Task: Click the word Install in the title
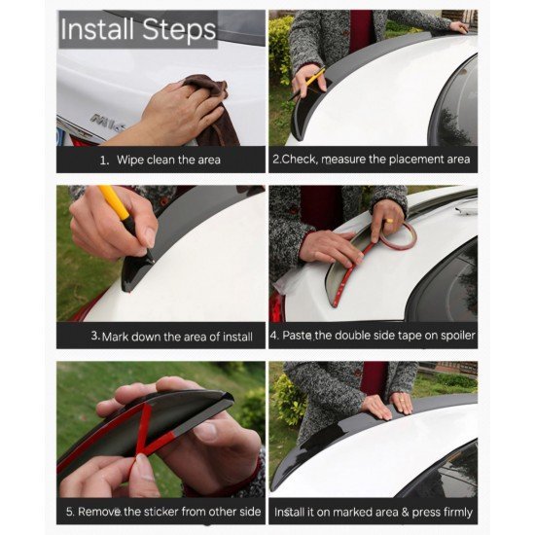point(97,29)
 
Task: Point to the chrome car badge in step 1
point(108,123)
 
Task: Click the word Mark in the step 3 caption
point(116,337)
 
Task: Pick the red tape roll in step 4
point(399,236)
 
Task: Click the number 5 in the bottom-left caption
point(70,512)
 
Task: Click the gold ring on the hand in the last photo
point(402,399)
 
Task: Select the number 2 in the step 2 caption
point(275,160)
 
